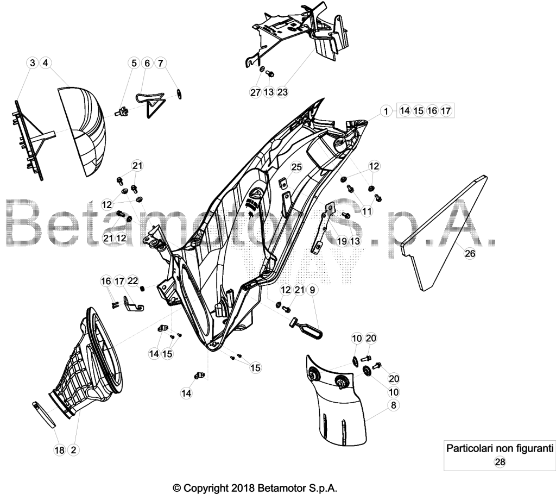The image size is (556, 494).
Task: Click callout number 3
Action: pyautogui.click(x=33, y=63)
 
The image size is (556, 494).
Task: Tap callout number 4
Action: pyautogui.click(x=46, y=63)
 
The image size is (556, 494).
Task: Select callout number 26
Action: pyautogui.click(x=470, y=253)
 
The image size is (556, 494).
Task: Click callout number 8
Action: pyautogui.click(x=394, y=405)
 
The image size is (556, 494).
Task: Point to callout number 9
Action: pyautogui.click(x=312, y=290)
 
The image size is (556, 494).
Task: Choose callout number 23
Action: pyautogui.click(x=282, y=92)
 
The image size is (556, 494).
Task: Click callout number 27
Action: pyautogui.click(x=255, y=92)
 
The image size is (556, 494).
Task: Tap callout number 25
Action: pyautogui.click(x=296, y=166)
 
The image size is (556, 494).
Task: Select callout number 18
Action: pyautogui.click(x=60, y=450)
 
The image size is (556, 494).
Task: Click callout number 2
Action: pyautogui.click(x=73, y=450)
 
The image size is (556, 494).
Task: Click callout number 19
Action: pyautogui.click(x=342, y=241)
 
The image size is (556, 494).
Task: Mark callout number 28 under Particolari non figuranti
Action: pyautogui.click(x=500, y=462)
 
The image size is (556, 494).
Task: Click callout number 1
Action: pyautogui.click(x=386, y=111)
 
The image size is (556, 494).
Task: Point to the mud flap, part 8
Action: pyautogui.click(x=336, y=401)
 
